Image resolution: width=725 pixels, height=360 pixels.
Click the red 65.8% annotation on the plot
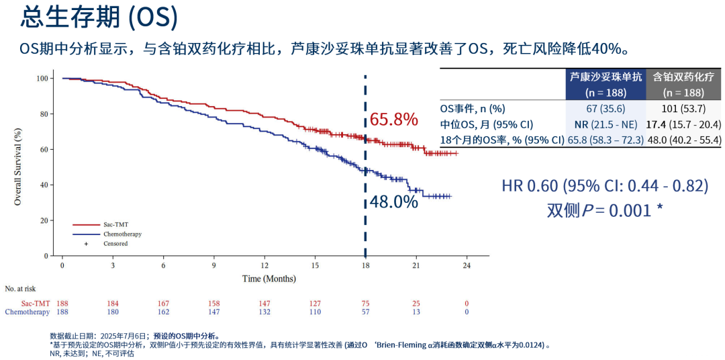pyautogui.click(x=394, y=120)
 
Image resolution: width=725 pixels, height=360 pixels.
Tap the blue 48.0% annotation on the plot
pyautogui.click(x=394, y=201)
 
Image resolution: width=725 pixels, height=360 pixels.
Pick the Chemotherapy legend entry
pyautogui.click(x=122, y=234)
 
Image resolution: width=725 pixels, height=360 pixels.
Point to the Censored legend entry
pyautogui.click(x=115, y=244)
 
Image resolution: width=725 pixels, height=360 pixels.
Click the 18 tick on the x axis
pyautogui.click(x=365, y=265)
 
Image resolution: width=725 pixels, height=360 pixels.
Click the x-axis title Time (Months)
pyautogui.click(x=269, y=279)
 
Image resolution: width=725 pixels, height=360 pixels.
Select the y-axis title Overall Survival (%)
pyautogui.click(x=17, y=166)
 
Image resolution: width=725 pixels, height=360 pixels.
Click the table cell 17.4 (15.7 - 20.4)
pyautogui.click(x=683, y=124)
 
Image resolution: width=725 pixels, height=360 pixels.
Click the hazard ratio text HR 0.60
pyautogui.click(x=604, y=186)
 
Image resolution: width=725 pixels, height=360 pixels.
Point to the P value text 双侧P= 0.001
pyautogui.click(x=604, y=210)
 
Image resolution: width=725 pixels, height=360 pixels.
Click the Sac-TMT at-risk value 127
pyautogui.click(x=315, y=304)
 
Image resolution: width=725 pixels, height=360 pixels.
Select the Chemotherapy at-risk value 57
pyautogui.click(x=365, y=312)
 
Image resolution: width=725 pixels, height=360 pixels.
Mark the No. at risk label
pyautogui.click(x=20, y=289)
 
